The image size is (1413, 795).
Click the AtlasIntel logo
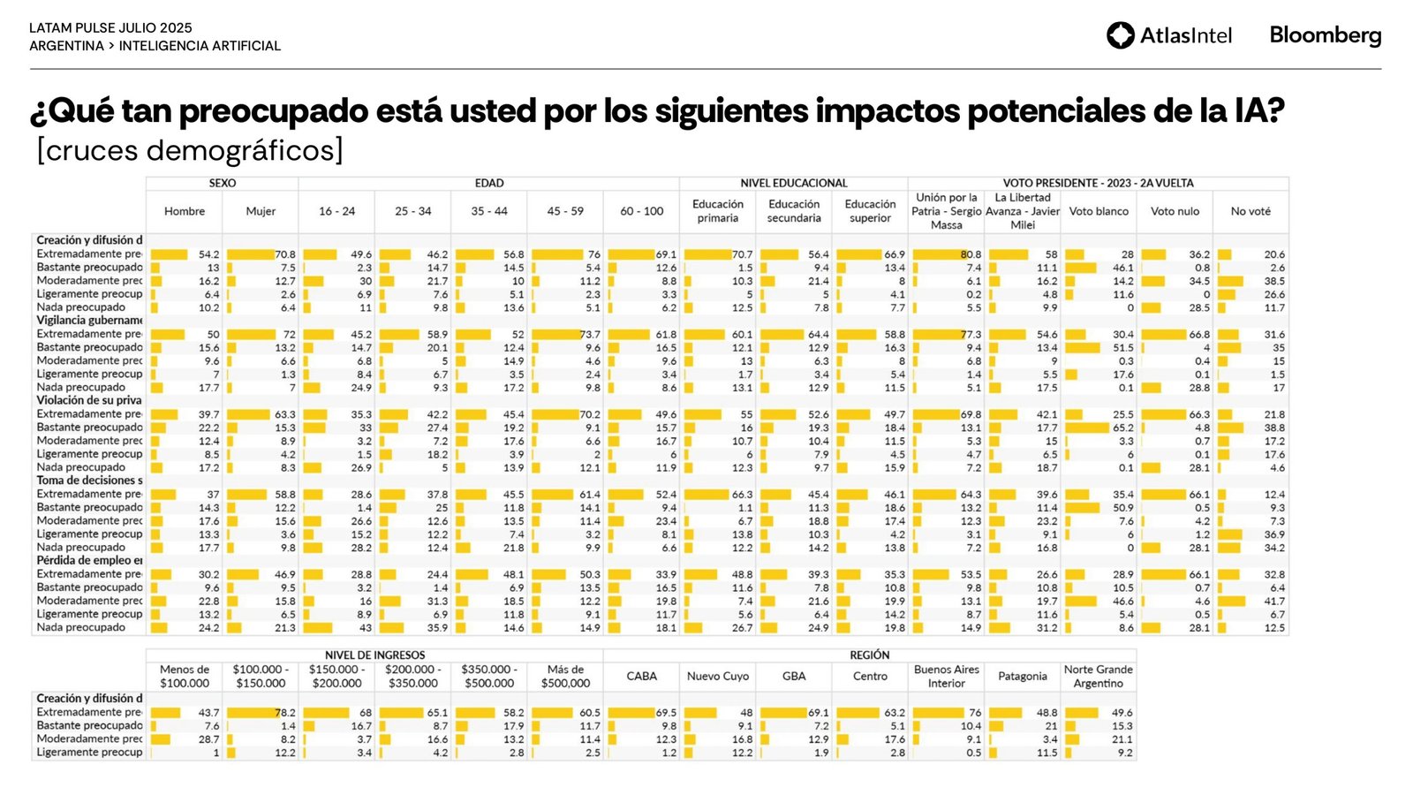1168,35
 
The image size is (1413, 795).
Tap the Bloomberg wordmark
1325,35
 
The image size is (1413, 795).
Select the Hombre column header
185,211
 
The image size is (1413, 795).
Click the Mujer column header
261,211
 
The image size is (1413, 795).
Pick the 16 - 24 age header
336,211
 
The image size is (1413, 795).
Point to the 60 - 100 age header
641,211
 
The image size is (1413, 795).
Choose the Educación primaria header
717,211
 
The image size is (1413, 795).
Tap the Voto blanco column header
1099,211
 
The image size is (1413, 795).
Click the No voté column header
1251,211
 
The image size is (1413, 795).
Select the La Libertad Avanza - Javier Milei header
1023,211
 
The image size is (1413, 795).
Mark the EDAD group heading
489,183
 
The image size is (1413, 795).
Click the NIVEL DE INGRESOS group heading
374,655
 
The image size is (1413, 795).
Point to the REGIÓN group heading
869,655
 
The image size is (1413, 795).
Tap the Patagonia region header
1022,677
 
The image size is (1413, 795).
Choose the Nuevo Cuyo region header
717,677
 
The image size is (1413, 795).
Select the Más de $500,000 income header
565,677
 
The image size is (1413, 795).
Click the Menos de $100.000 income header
185,677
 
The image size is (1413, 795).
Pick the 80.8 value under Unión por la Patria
971,254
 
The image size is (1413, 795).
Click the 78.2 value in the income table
285,713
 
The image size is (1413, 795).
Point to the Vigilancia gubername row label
89,321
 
